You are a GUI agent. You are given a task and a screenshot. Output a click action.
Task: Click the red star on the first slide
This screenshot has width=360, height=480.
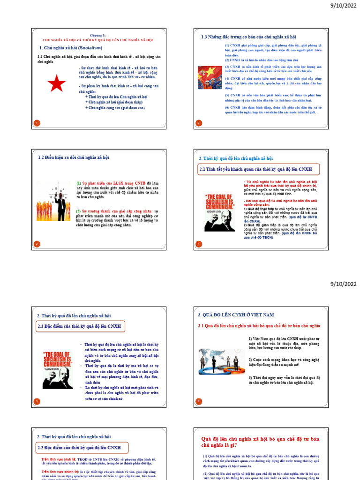tap(57, 84)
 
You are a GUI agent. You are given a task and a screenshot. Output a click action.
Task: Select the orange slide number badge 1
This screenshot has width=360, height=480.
tap(37, 123)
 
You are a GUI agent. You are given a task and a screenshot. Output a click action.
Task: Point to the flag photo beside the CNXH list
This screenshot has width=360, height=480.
tap(210, 77)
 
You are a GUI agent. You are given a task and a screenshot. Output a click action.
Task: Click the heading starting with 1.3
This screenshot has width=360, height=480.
tap(248, 37)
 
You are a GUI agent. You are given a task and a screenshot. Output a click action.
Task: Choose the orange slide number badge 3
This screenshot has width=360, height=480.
tap(198, 123)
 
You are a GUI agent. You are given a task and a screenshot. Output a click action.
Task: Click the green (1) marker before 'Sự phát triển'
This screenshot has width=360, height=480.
tap(79, 183)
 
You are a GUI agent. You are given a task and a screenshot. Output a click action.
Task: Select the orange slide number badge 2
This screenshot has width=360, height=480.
tap(37, 243)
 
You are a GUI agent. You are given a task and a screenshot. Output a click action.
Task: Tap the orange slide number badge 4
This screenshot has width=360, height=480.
tap(198, 243)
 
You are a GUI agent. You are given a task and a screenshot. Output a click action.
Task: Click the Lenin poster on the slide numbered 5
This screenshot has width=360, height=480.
tap(58, 369)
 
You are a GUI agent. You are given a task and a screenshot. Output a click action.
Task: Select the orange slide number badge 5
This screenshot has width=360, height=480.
tap(37, 401)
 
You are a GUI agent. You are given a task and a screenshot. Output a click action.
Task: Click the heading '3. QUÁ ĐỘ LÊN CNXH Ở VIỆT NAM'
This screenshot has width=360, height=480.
tap(236, 315)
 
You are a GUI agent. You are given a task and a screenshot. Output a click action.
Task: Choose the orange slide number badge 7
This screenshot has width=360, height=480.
tap(198, 401)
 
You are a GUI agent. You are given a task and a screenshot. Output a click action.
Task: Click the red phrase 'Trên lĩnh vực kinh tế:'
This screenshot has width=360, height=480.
tap(59, 459)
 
